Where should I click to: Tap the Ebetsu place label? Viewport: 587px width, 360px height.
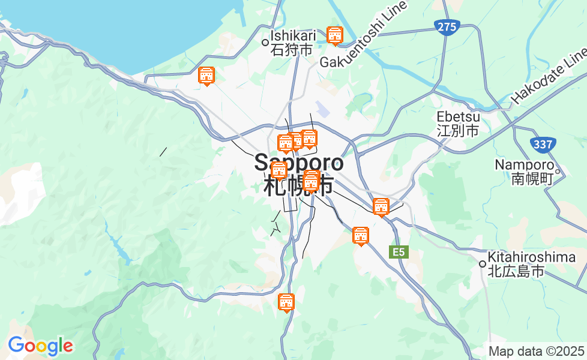pyautogui.click(x=457, y=123)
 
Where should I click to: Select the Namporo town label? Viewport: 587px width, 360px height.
pyautogui.click(x=523, y=171)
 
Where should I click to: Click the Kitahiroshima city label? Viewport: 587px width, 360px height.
pyautogui.click(x=532, y=264)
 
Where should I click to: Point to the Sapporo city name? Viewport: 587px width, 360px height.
pyautogui.click(x=299, y=174)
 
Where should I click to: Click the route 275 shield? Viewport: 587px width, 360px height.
pyautogui.click(x=447, y=27)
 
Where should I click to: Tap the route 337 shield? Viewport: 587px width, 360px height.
pyautogui.click(x=543, y=144)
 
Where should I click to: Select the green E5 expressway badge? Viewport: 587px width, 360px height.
pyautogui.click(x=399, y=252)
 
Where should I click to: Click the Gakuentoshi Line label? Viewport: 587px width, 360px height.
pyautogui.click(x=364, y=36)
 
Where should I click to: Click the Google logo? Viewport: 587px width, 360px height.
pyautogui.click(x=40, y=346)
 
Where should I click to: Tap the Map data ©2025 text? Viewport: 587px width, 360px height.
pyautogui.click(x=536, y=351)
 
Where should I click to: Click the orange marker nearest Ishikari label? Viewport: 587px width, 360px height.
pyautogui.click(x=335, y=36)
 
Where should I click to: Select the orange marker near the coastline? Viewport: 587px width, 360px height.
pyautogui.click(x=206, y=76)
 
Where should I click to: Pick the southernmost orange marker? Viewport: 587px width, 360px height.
pyautogui.click(x=287, y=303)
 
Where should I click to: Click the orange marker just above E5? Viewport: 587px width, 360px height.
pyautogui.click(x=361, y=236)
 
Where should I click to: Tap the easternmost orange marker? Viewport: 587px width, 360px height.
pyautogui.click(x=381, y=207)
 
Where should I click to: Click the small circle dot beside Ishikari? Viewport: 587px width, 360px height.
pyautogui.click(x=265, y=42)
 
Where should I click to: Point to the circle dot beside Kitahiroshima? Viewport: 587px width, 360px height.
pyautogui.click(x=482, y=264)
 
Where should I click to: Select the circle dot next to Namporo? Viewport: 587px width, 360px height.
pyautogui.click(x=558, y=172)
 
